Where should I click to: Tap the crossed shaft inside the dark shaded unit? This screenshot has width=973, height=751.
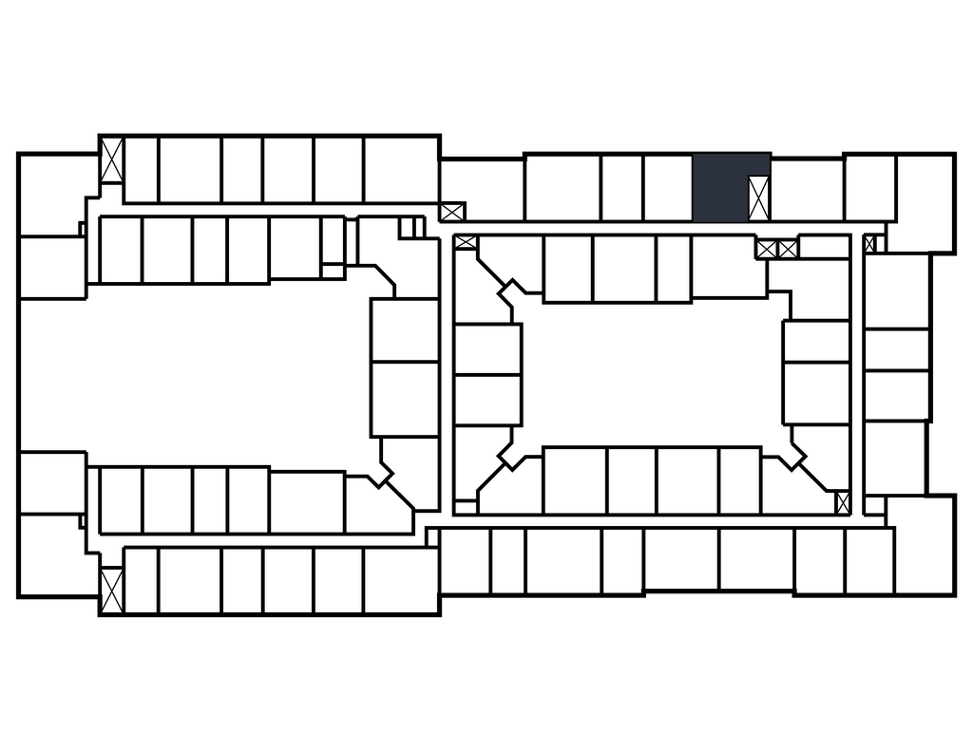tap(758, 198)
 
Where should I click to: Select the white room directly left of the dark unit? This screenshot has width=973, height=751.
tap(667, 188)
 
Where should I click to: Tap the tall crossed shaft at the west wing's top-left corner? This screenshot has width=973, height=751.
tap(112, 160)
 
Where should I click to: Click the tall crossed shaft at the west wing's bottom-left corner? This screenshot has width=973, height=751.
tap(112, 590)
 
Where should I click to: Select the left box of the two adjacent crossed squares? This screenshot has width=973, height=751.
tap(767, 249)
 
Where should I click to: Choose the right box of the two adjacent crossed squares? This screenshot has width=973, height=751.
tap(788, 249)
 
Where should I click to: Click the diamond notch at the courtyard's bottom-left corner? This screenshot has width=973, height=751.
tap(513, 456)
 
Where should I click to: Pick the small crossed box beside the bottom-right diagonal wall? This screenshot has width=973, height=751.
tap(842, 502)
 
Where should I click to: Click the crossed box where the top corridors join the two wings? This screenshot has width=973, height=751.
tap(452, 212)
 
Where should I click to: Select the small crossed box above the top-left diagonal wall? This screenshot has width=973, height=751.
tap(466, 242)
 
